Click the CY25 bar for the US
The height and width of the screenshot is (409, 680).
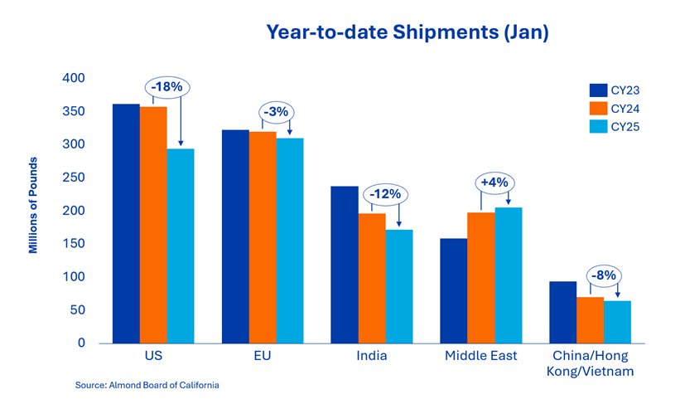[180, 246]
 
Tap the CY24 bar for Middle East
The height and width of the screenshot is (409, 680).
[480, 277]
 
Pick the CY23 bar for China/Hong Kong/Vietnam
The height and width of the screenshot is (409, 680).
[563, 312]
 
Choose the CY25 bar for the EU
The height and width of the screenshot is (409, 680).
[290, 240]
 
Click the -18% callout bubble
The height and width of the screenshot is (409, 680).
[169, 86]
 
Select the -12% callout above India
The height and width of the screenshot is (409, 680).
[385, 194]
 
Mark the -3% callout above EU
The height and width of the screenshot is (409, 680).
[277, 112]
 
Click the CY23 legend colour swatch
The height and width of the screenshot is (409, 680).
[599, 90]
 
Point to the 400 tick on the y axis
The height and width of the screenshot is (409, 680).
[76, 78]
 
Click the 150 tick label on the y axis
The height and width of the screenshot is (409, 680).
[76, 244]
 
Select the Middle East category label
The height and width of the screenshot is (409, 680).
[480, 356]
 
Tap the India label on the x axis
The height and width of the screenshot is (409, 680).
[372, 356]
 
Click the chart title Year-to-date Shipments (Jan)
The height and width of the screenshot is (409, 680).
[407, 33]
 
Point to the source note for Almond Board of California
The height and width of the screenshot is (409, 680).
[147, 386]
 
